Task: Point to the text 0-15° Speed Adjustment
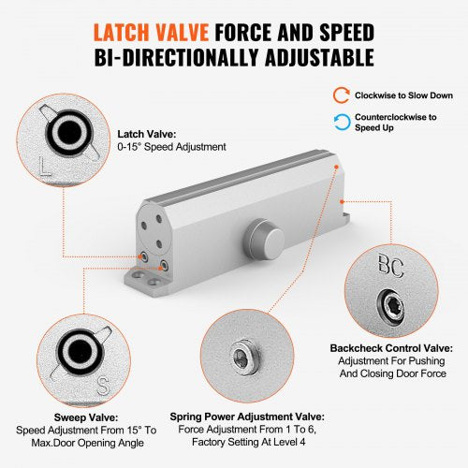coord(171,147)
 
